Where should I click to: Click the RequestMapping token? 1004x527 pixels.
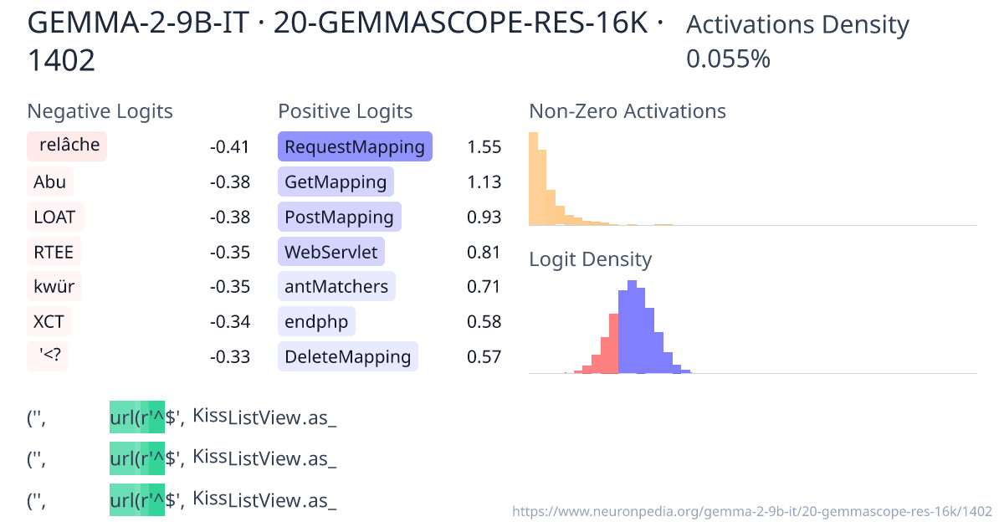pyautogui.click(x=355, y=147)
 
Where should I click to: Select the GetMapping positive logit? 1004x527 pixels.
pyautogui.click(x=336, y=182)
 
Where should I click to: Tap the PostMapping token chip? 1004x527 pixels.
pyautogui.click(x=339, y=217)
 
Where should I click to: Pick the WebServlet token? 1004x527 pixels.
pyautogui.click(x=331, y=252)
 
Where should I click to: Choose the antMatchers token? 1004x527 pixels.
pyautogui.click(x=336, y=287)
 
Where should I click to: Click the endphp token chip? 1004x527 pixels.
pyautogui.click(x=316, y=322)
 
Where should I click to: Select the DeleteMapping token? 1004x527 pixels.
pyautogui.click(x=347, y=357)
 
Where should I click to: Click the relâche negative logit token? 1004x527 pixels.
pyautogui.click(x=67, y=146)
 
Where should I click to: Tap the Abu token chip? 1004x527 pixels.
pyautogui.click(x=50, y=182)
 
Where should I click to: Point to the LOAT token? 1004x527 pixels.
pyautogui.click(x=55, y=217)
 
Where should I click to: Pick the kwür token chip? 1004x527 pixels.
pyautogui.click(x=54, y=287)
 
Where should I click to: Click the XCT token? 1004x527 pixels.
pyautogui.click(x=49, y=322)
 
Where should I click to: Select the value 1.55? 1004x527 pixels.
pyautogui.click(x=484, y=147)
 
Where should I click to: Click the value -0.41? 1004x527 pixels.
pyautogui.click(x=229, y=147)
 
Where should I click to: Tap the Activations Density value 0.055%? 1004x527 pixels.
pyautogui.click(x=728, y=59)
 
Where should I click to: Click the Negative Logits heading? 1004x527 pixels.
pyautogui.click(x=100, y=111)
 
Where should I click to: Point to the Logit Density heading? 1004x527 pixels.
pyautogui.click(x=590, y=259)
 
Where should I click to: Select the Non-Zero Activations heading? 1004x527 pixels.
pyautogui.click(x=627, y=111)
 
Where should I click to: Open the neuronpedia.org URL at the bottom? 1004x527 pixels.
pyautogui.click(x=751, y=510)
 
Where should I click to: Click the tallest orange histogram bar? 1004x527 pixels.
pyautogui.click(x=533, y=179)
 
